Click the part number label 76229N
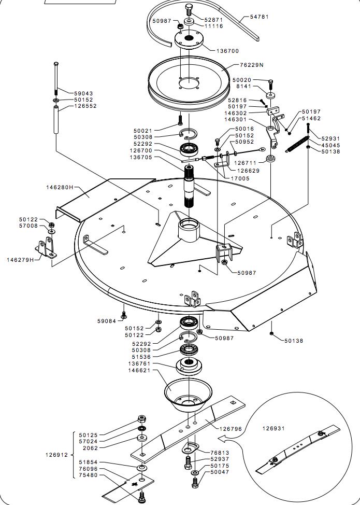[252, 65]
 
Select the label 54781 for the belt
[260, 17]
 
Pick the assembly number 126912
[56, 455]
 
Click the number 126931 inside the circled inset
[273, 428]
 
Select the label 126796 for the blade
[231, 429]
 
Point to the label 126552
[85, 106]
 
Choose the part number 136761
[140, 363]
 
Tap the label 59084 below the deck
[107, 321]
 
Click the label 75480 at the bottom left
[89, 475]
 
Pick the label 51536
[142, 357]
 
